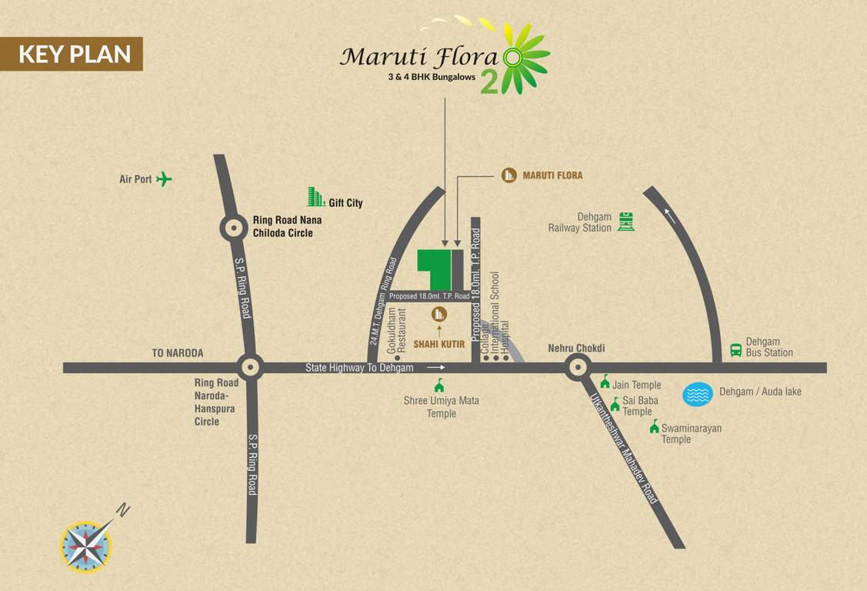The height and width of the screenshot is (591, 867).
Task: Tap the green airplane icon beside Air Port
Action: pyautogui.click(x=164, y=179)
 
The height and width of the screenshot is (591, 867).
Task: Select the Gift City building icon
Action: pyautogui.click(x=315, y=197)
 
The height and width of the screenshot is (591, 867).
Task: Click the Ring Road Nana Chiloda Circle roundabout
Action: pyautogui.click(x=234, y=227)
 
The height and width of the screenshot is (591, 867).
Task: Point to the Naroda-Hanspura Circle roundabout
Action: pyautogui.click(x=250, y=367)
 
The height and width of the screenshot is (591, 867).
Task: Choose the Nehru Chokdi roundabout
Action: pyautogui.click(x=578, y=367)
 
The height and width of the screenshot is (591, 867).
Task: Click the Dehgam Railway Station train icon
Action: pyautogui.click(x=626, y=222)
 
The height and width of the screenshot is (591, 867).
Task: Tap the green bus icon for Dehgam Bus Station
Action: pyautogui.click(x=736, y=349)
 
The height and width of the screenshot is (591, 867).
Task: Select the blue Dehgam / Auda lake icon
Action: pyautogui.click(x=697, y=394)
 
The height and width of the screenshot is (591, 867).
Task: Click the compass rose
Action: pyautogui.click(x=87, y=546)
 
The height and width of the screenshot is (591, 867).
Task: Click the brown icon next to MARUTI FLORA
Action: pyautogui.click(x=509, y=175)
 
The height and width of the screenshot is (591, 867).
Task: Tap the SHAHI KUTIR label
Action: pyautogui.click(x=439, y=344)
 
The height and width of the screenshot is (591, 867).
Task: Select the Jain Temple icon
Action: pyautogui.click(x=605, y=382)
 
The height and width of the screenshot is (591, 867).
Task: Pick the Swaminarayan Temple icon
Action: pyautogui.click(x=654, y=427)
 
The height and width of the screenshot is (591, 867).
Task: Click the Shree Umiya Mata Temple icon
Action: pyautogui.click(x=439, y=385)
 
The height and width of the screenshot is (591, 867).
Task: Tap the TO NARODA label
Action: pyautogui.click(x=178, y=353)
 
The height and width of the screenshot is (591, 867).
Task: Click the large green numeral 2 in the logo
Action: pyautogui.click(x=489, y=83)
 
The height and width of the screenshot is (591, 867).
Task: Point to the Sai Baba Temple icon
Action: pyautogui.click(x=615, y=405)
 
